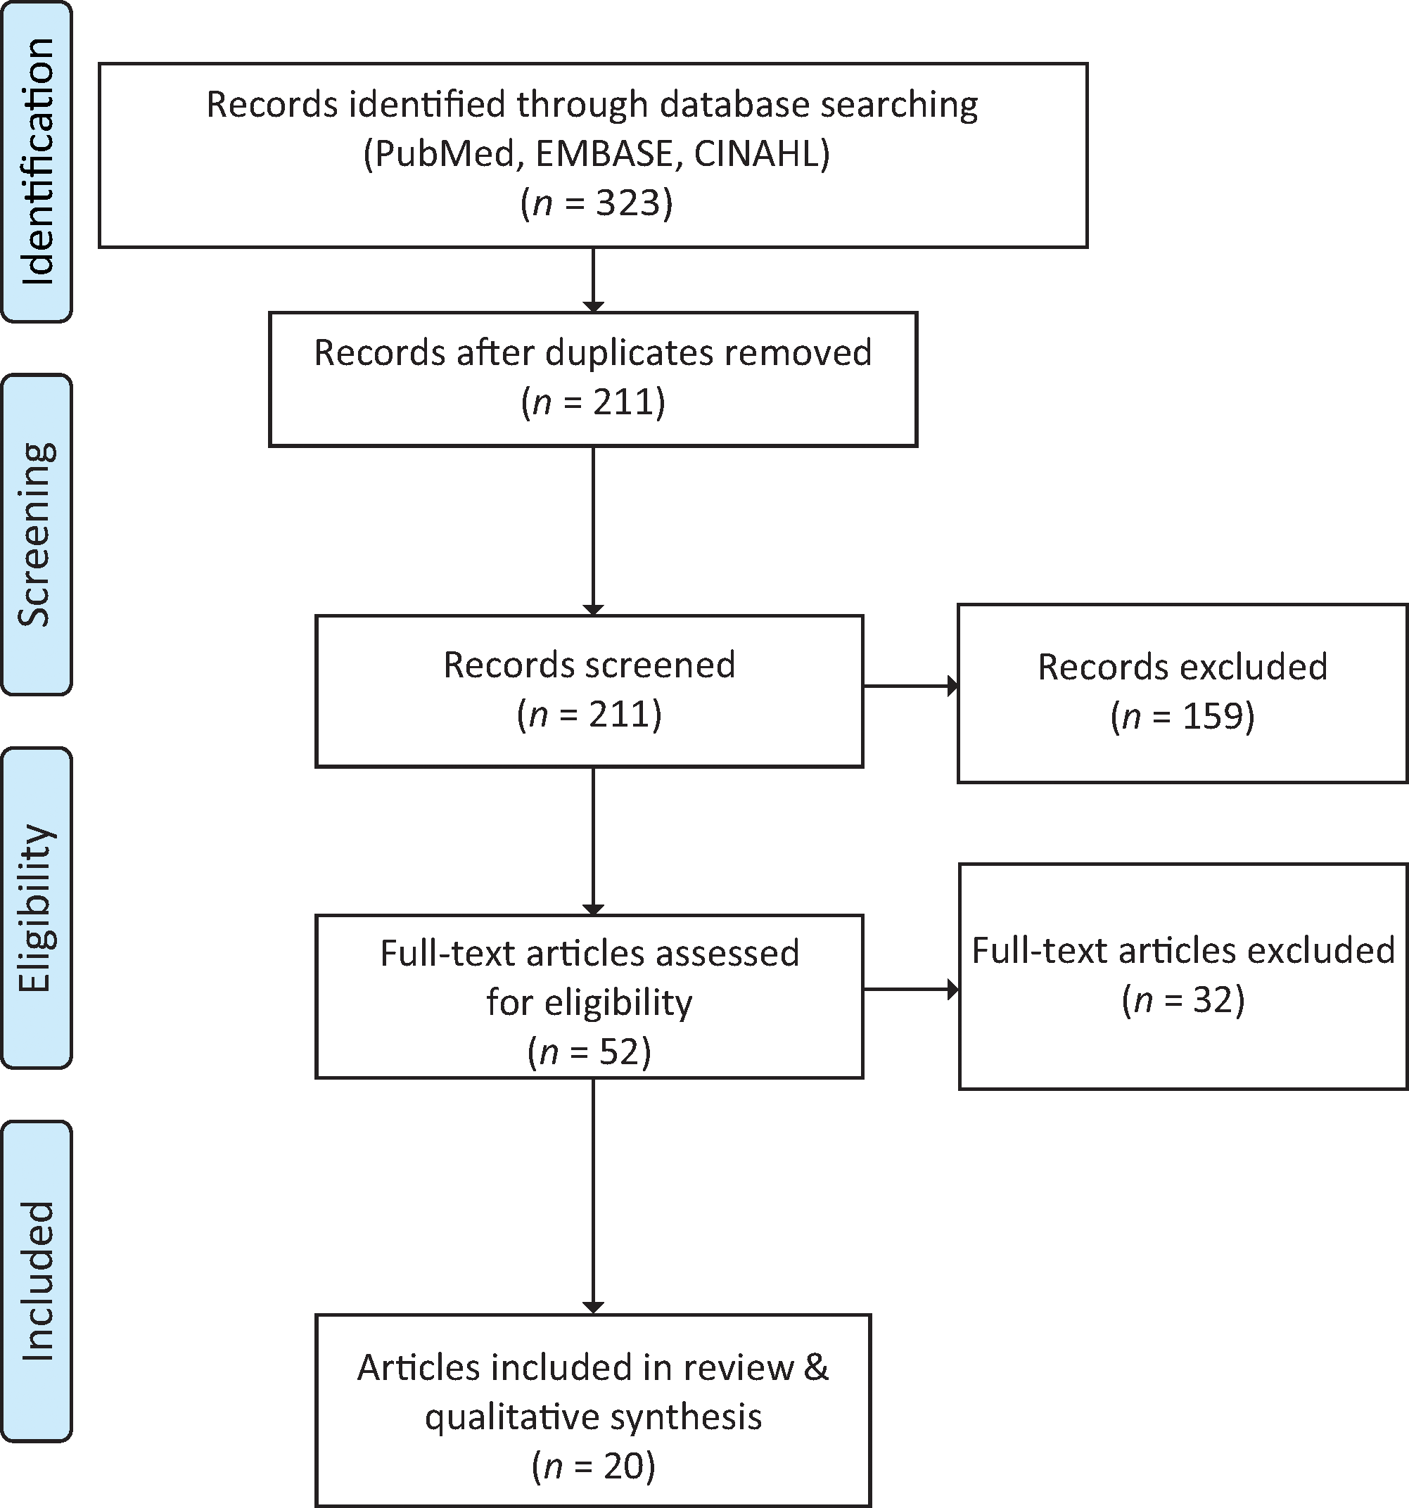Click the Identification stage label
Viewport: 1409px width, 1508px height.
37,161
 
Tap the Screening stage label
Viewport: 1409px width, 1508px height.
37,534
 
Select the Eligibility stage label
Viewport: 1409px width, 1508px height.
37,907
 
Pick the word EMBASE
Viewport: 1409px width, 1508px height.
605,154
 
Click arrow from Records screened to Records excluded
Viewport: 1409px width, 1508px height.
910,686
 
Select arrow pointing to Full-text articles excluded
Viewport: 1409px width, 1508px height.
910,989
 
